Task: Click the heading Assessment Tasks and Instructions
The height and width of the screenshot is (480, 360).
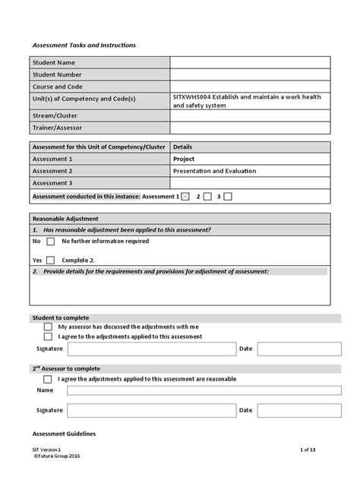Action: click(x=84, y=46)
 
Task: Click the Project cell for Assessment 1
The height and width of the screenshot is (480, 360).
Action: click(x=185, y=159)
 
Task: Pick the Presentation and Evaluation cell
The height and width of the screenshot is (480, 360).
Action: click(x=215, y=171)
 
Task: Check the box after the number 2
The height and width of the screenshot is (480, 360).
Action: click(x=207, y=197)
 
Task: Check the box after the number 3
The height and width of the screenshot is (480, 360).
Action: click(x=228, y=197)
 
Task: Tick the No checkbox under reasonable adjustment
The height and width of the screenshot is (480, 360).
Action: click(x=50, y=242)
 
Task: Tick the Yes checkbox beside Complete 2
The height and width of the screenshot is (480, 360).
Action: click(x=50, y=260)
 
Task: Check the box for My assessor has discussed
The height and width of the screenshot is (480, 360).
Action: click(x=48, y=327)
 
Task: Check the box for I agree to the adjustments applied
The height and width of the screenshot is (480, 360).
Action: click(x=48, y=336)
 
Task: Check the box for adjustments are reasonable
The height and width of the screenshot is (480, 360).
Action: click(x=48, y=378)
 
